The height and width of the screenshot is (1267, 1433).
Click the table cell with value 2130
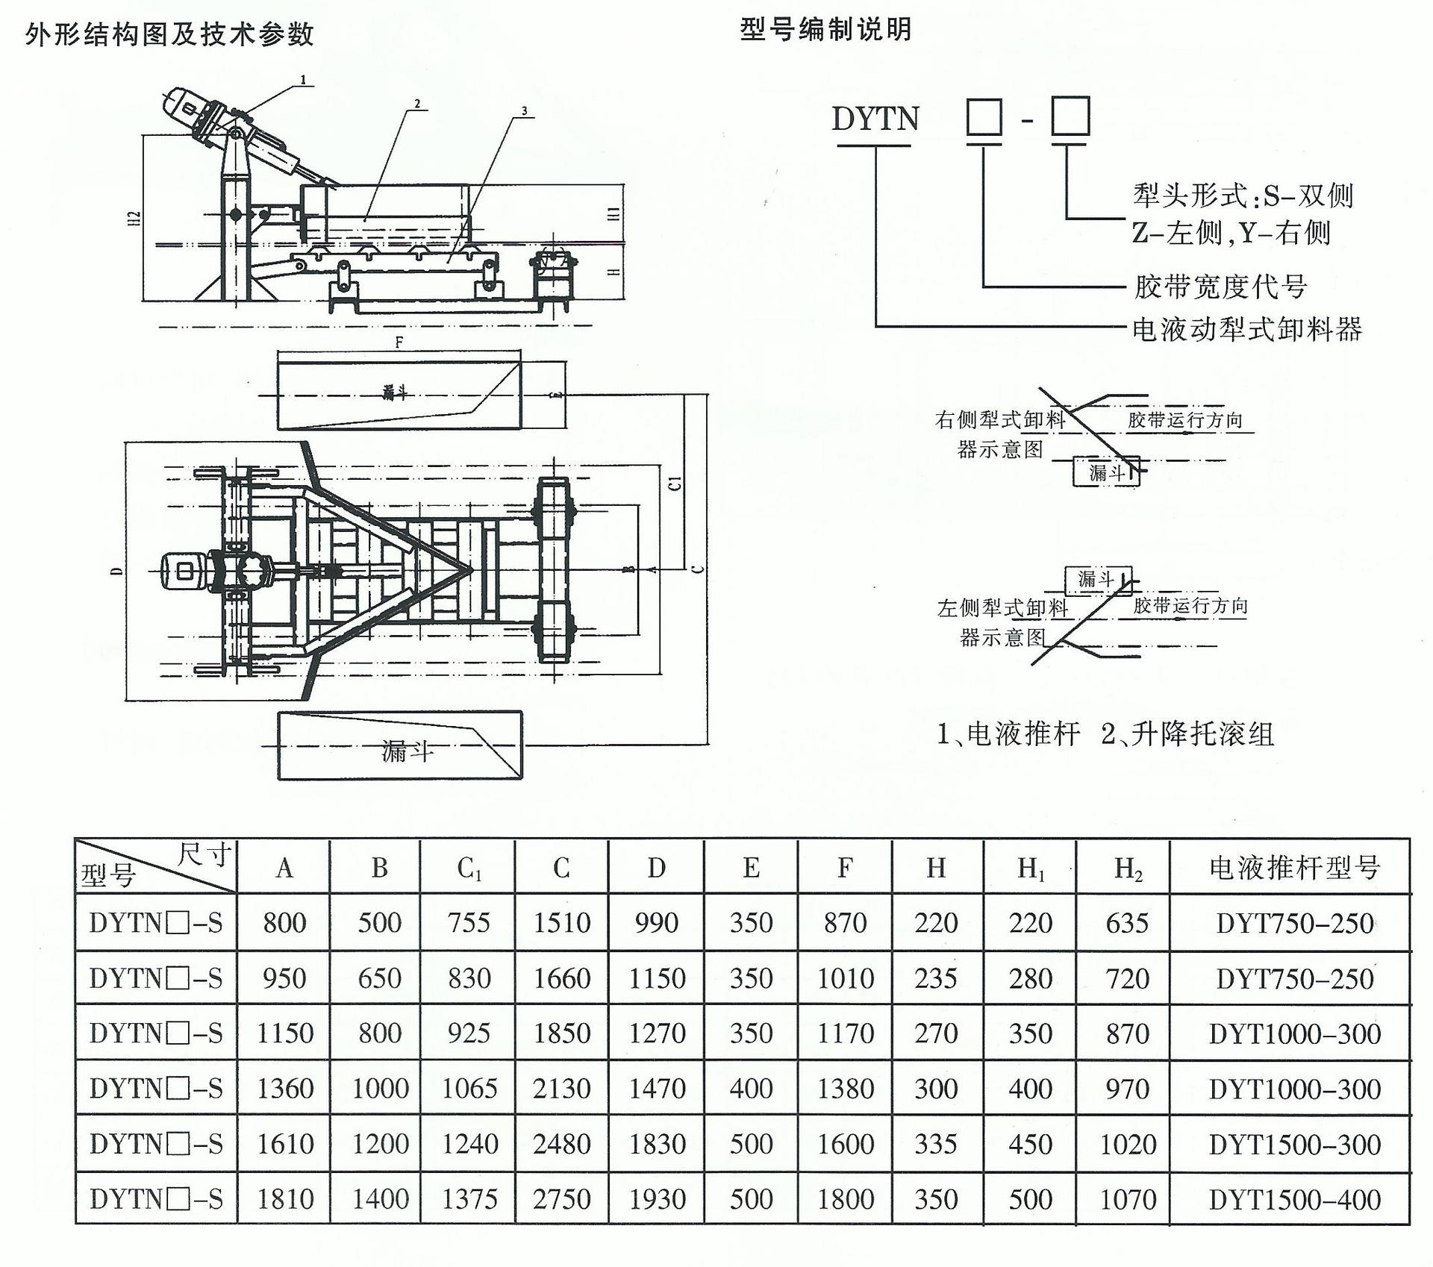point(561,1089)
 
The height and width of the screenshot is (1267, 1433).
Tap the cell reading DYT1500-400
point(1294,1199)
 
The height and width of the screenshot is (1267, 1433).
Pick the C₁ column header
point(469,868)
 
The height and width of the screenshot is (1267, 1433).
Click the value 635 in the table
point(1127,923)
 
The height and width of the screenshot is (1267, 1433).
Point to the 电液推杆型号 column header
point(1294,868)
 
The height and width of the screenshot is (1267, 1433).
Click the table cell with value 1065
point(469,1089)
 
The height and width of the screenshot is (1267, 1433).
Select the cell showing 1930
point(656,1199)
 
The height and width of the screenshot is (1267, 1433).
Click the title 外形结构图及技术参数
point(170,34)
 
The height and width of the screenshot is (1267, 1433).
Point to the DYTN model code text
point(875,119)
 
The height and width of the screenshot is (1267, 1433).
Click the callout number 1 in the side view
point(303,79)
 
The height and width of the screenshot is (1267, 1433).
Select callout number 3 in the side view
point(524,111)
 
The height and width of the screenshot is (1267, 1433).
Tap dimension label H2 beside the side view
point(134,219)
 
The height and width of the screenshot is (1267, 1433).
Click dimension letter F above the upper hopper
point(399,342)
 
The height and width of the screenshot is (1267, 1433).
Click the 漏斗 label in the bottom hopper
point(407,751)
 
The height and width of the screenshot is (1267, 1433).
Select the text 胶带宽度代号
point(1220,287)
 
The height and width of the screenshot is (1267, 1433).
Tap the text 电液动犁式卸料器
point(1246,329)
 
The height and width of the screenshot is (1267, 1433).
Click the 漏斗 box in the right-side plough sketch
point(1105,472)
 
